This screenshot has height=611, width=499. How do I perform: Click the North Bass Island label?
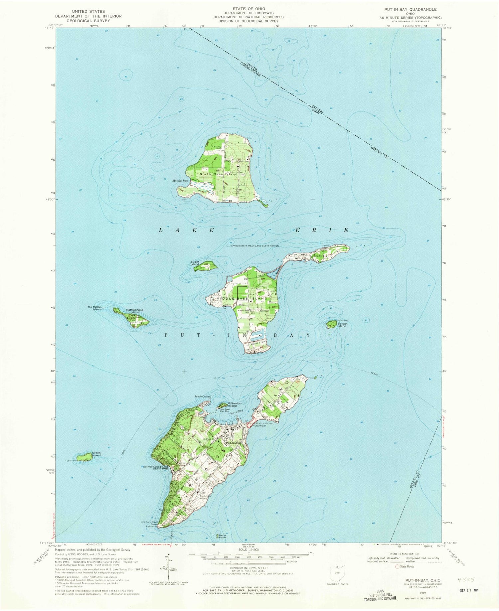point(219,174)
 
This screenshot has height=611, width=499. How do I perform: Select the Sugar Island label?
point(195,263)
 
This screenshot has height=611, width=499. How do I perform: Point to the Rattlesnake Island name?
point(135,311)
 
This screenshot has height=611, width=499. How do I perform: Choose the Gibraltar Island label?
point(232,404)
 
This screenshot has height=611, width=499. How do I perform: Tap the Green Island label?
point(96,454)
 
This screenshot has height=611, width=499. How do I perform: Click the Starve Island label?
point(222,536)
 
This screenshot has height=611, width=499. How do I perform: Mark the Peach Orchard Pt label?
point(203,397)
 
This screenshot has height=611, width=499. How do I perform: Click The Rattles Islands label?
point(94,308)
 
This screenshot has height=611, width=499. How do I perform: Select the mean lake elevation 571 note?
point(254,245)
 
